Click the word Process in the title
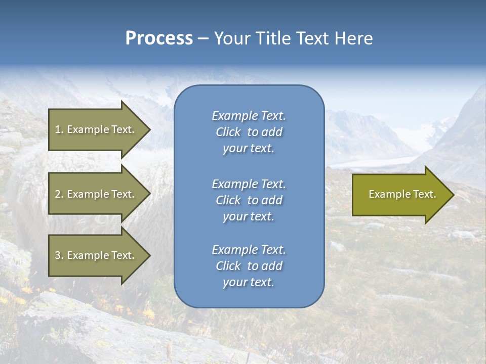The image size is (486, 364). coord(159,38)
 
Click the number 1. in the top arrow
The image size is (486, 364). coord(59,129)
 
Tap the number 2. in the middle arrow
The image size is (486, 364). coord(59,194)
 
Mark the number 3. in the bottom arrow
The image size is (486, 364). coord(59,255)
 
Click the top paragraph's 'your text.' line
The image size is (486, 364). coord(249,149)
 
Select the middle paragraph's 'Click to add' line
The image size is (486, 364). coord(249,200)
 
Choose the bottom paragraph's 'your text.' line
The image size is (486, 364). coord(249,283)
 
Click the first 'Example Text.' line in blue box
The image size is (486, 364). coord(249,116)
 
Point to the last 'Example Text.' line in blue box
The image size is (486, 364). coord(249,250)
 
